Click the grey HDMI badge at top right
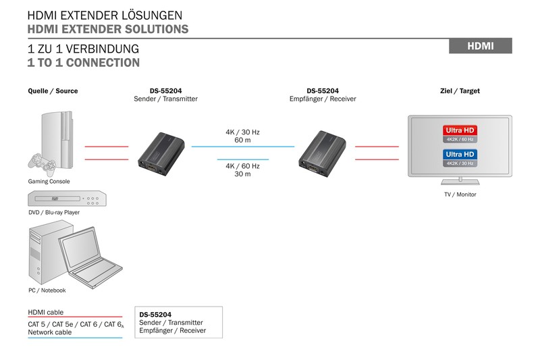[481, 46]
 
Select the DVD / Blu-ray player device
[67, 199]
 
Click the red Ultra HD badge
[460, 130]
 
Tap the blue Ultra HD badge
[460, 155]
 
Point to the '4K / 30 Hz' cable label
[242, 132]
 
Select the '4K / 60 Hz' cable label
[242, 165]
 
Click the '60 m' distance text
[242, 140]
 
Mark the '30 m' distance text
[242, 174]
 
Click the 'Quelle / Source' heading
[53, 91]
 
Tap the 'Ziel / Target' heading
[460, 91]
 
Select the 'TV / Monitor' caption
[460, 195]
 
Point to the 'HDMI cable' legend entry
[46, 312]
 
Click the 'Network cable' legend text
[49, 332]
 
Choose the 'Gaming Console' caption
[49, 181]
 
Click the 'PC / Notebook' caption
[47, 290]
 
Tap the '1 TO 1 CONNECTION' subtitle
[84, 63]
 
